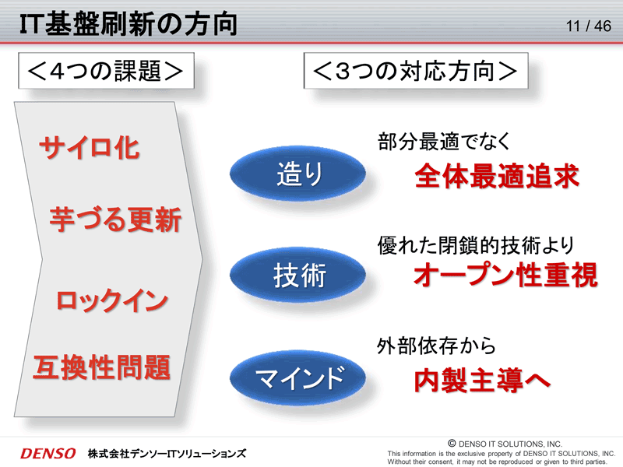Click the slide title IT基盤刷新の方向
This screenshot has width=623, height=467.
pos(128,24)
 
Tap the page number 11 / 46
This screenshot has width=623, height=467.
pos(589,26)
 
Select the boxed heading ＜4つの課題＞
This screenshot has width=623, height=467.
pos(106,71)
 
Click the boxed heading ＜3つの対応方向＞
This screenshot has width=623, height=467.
pos(416,71)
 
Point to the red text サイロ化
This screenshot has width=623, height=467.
pos(90,148)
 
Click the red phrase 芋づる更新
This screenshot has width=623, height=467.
pos(115,219)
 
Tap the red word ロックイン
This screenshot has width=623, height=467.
pos(112,300)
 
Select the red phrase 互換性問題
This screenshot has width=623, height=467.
pos(102,367)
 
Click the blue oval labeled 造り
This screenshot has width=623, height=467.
pos(298,174)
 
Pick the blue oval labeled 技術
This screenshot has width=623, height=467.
pos(298,275)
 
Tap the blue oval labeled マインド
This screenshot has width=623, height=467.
pos(298,377)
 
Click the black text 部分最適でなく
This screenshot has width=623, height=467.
pos(444,142)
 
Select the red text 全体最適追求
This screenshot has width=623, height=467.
pos(497,176)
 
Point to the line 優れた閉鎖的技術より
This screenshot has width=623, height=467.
pos(476,245)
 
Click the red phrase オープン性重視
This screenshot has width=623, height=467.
pos(505,275)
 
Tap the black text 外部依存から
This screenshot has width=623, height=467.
pos(436,346)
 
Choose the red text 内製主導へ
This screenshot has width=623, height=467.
pos(482,381)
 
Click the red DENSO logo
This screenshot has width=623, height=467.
pos(48,454)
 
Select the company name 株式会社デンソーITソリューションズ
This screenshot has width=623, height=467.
pos(167,454)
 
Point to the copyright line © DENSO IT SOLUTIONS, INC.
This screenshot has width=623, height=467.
pos(505,444)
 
